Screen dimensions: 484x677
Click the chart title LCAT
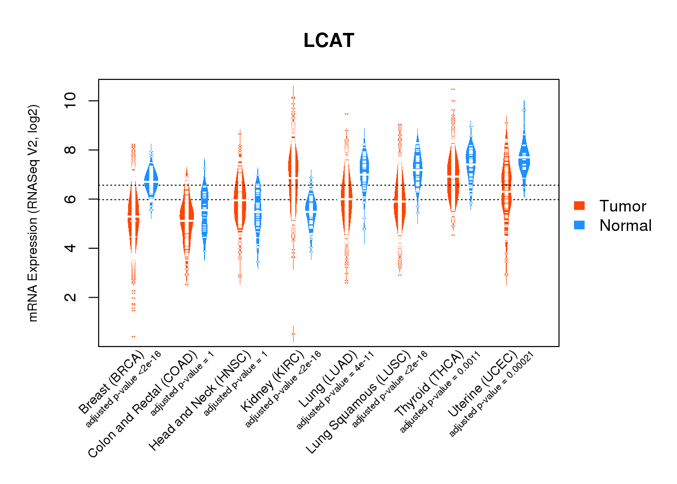pos(329,41)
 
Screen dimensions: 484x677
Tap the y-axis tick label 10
pos(71,101)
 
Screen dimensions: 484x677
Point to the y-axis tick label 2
pos(71,297)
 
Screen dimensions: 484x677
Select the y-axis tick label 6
pos(71,199)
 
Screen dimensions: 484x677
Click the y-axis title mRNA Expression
pos(33,213)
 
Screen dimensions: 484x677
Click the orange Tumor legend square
pos(579,206)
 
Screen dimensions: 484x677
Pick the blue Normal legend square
pos(579,225)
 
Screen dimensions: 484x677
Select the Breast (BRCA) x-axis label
pos(111,382)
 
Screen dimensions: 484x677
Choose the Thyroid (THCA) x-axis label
pos(429,385)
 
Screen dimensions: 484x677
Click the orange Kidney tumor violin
pos(293,169)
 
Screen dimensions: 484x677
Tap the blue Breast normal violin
pos(151,179)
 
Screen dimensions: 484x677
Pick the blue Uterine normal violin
pos(524,160)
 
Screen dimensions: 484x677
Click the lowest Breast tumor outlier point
pos(133,336)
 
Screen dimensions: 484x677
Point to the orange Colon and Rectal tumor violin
pos(187,218)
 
